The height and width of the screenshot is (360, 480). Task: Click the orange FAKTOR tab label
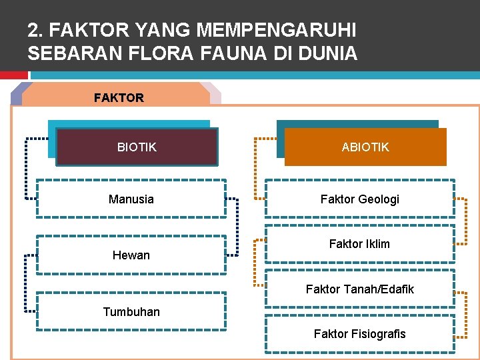[119, 97]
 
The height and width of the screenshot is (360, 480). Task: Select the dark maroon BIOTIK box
[137, 147]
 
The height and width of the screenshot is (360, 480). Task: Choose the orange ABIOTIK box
[365, 147]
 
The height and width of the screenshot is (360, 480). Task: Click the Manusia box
[131, 199]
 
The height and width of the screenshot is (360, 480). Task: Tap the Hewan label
[131, 255]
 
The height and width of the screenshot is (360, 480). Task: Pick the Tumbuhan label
[131, 311]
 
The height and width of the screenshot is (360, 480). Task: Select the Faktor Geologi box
[360, 199]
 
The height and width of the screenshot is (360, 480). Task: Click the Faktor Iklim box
[360, 244]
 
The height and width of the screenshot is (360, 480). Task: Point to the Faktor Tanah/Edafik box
[360, 289]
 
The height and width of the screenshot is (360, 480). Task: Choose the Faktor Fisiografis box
[360, 333]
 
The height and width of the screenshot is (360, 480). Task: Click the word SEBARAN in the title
[63, 53]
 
